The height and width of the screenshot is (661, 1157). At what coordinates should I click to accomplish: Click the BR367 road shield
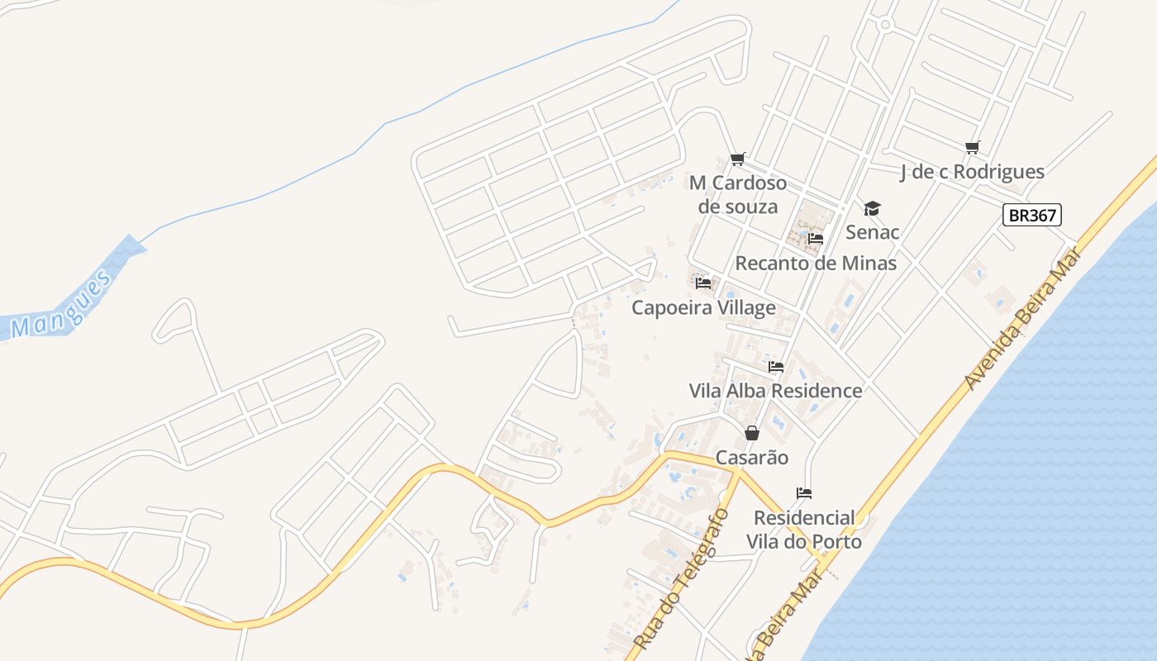1032,216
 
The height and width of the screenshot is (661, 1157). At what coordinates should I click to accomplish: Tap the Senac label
872,232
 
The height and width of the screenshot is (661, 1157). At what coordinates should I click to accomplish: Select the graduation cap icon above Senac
872,208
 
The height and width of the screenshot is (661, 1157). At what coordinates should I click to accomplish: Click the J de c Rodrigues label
972,172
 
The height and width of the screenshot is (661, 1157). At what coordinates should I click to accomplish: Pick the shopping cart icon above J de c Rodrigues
972,148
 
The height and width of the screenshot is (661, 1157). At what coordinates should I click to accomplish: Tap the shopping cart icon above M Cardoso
738,159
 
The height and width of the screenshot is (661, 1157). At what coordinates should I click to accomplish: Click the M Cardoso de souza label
738,194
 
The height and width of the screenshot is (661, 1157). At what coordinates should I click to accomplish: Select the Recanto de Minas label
816,264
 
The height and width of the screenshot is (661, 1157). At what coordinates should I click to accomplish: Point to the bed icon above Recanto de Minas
816,239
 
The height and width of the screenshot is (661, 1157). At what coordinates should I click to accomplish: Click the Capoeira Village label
703,308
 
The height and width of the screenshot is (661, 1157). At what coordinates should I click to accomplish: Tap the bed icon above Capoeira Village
703,283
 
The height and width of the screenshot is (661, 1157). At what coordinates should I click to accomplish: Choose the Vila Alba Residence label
775,391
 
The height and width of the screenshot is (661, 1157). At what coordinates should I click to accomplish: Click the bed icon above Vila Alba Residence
775,367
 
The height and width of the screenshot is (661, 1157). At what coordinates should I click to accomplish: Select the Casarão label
752,458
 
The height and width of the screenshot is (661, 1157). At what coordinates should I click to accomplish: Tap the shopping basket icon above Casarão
752,433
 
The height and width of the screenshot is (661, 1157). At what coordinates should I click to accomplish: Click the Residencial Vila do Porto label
804,530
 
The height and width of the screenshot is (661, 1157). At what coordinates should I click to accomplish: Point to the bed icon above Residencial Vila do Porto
804,493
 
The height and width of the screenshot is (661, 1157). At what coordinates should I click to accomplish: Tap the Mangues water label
62,306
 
